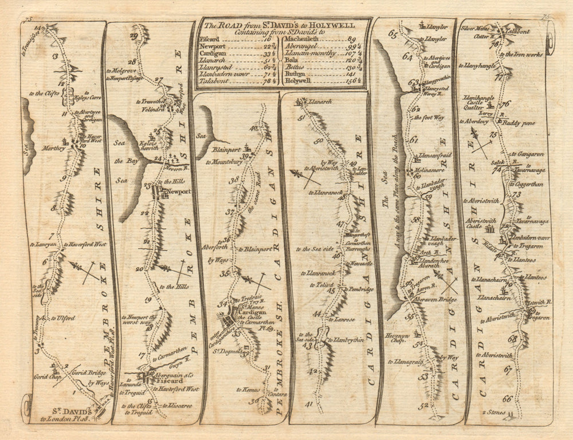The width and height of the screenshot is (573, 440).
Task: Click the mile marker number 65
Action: [393, 33]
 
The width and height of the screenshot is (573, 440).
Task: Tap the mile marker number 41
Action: [309, 404]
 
